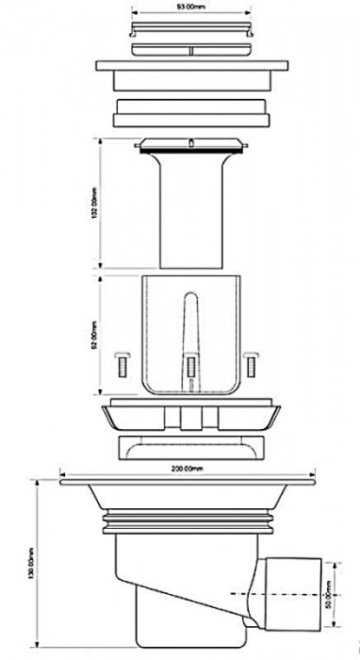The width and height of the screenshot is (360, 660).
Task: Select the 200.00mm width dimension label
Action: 188,468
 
